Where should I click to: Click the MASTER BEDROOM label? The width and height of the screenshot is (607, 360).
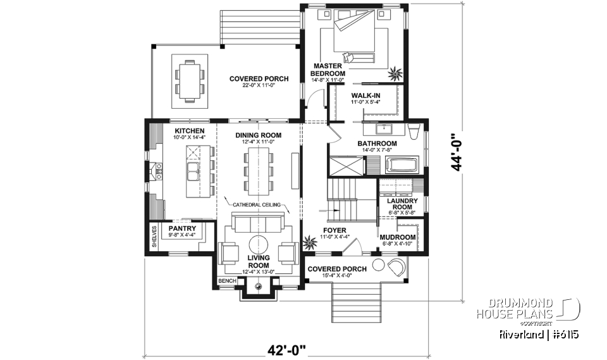[328, 69]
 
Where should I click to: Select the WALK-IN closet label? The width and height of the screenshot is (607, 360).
[365, 96]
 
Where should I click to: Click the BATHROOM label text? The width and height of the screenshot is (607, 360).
[377, 144]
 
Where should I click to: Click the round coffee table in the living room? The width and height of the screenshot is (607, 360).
[258, 245]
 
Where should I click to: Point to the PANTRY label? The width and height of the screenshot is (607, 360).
[182, 228]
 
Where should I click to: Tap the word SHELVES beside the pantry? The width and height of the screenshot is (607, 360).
[154, 237]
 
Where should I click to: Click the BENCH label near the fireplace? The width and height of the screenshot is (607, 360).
[226, 280]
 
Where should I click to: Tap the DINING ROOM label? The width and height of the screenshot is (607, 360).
[258, 135]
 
